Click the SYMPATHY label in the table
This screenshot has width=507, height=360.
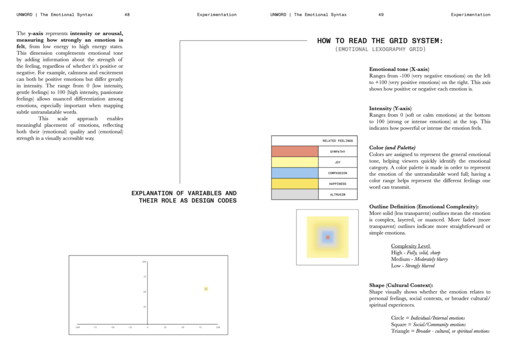pos(337,152)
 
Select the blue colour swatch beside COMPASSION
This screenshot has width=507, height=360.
pos(295,173)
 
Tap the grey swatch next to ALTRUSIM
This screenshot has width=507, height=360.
pos(295,194)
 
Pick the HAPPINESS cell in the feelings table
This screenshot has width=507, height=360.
pos(337,184)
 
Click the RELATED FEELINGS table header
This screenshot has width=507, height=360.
pos(337,141)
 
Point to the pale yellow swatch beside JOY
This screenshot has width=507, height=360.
pos(295,162)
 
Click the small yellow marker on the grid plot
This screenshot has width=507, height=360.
pos(206,289)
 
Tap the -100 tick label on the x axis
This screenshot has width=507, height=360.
pos(77,327)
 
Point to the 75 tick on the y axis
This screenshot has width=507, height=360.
pos(144,277)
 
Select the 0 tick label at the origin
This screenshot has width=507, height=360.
pos(147,327)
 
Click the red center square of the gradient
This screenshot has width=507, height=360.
pos(328,238)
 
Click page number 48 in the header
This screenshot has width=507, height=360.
pos(127,15)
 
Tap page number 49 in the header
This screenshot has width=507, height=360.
pos(381,15)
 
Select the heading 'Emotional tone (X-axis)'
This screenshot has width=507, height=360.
pos(399,69)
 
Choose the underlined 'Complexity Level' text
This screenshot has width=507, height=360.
pos(411,246)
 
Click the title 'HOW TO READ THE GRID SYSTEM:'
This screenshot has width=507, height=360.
pos(380,41)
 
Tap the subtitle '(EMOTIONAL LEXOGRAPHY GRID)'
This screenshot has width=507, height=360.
pos(380,50)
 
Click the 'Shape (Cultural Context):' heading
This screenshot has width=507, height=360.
pos(401,285)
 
